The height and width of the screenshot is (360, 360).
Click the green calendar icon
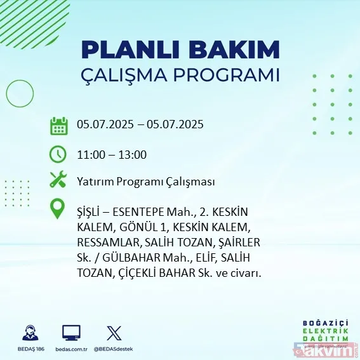tap(59, 125)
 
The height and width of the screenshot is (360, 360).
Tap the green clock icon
tap(58, 154)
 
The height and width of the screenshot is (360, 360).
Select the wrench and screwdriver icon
tap(58, 180)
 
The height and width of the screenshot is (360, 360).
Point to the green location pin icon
tap(58, 209)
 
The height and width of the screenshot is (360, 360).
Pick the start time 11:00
tap(90, 154)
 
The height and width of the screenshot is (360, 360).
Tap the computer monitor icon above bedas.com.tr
tap(71, 333)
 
